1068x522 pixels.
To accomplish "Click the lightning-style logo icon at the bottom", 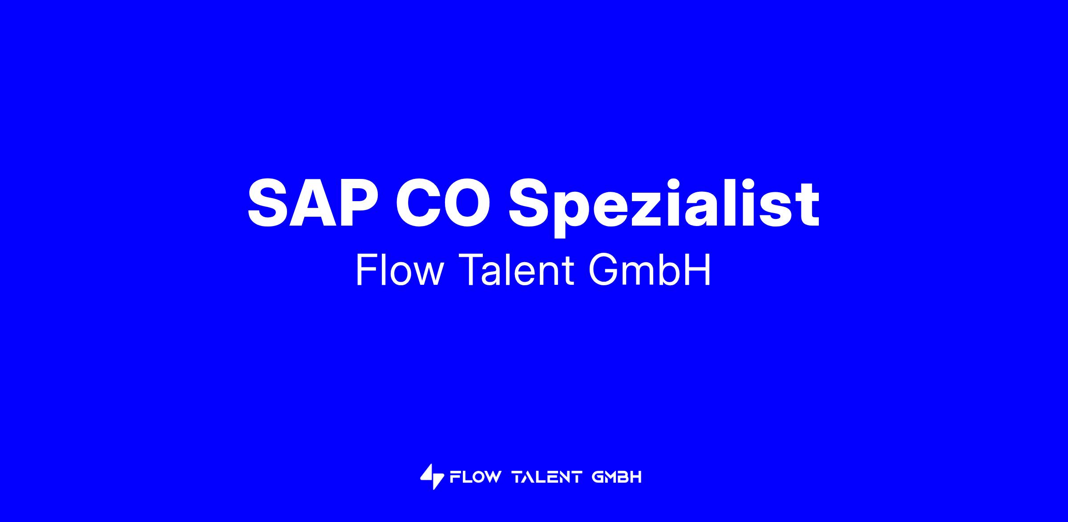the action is click(x=432, y=477).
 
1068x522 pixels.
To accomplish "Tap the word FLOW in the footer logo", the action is click(x=475, y=477).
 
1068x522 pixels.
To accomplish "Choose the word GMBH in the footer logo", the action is click(x=617, y=477).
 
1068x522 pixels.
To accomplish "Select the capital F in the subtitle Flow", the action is click(x=367, y=270).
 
